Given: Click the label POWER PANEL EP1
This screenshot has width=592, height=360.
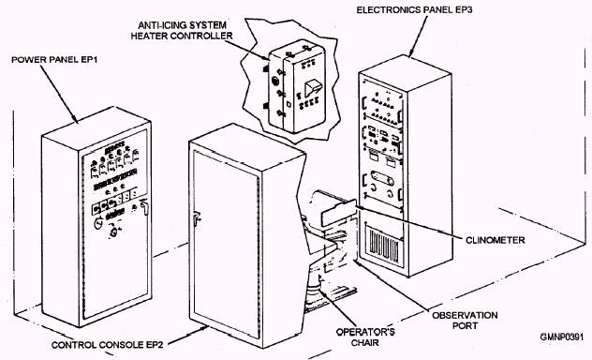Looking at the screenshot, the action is coord(54,60).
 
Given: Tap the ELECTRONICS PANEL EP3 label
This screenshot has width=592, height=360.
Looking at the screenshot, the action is coord(414,9).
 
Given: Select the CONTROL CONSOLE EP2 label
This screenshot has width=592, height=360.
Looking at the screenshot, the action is coord(107,345).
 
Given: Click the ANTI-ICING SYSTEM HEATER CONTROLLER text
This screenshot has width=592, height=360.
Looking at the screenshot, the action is coord(182,31).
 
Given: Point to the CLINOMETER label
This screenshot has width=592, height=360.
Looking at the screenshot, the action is coord(495,240).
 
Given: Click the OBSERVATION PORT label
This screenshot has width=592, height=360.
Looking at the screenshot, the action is coord(465,321).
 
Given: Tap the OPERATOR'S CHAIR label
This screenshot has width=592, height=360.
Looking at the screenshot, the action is coord(365,337).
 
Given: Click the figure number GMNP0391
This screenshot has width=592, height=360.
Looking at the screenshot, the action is coord(562,337).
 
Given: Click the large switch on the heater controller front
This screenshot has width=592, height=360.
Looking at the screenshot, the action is coord(313,89).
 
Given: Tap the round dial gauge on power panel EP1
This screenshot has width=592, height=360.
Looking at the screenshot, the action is coord(98,224).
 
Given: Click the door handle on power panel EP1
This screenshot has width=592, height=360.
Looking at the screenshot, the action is coord(144,207).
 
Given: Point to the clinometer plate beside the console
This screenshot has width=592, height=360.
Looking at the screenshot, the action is coord(338,213).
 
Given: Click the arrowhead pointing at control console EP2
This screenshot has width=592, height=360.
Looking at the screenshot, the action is coord(204,328).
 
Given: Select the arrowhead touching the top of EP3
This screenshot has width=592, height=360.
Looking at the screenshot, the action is coord(411,53).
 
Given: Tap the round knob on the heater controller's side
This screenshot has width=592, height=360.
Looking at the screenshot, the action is coord(275,82).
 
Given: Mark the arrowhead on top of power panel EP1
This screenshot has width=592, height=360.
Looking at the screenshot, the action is coord(75,119).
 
